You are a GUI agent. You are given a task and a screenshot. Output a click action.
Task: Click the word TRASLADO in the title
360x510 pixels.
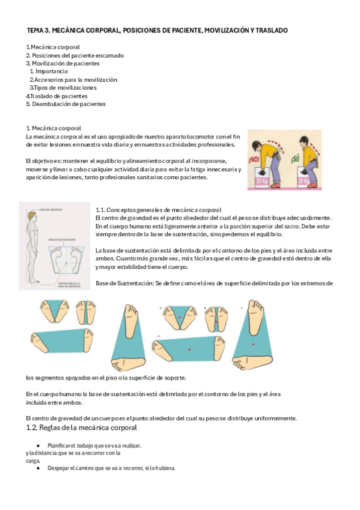(271, 29)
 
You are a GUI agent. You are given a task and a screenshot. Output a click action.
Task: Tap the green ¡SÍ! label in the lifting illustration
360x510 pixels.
(295, 160)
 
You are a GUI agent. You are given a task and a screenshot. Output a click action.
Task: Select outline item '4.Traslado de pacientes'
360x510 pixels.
(56, 96)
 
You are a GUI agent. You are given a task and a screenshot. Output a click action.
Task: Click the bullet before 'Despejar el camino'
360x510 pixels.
(38, 468)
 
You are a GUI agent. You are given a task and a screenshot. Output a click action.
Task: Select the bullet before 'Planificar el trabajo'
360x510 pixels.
(38, 445)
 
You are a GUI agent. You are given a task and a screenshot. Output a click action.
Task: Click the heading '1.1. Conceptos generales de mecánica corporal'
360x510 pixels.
(159, 209)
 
